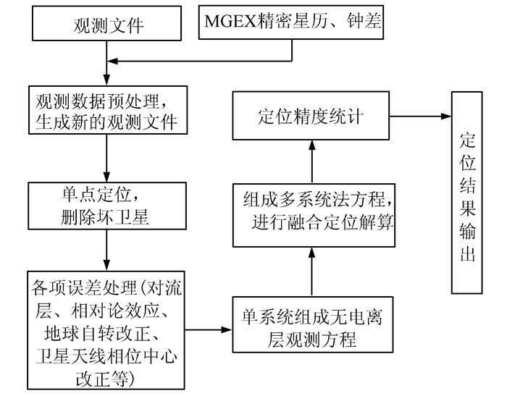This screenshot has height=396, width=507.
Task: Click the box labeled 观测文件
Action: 105,26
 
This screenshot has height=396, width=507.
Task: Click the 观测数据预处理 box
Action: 106,109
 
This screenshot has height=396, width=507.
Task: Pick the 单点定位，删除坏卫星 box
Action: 106,205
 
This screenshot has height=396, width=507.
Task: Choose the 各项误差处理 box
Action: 106,329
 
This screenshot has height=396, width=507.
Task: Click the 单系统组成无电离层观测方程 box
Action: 312,329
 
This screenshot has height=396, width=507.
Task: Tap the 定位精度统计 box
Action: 312,116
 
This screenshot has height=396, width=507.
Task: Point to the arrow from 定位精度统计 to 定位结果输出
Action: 420,116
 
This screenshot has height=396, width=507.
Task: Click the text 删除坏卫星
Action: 106,216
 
